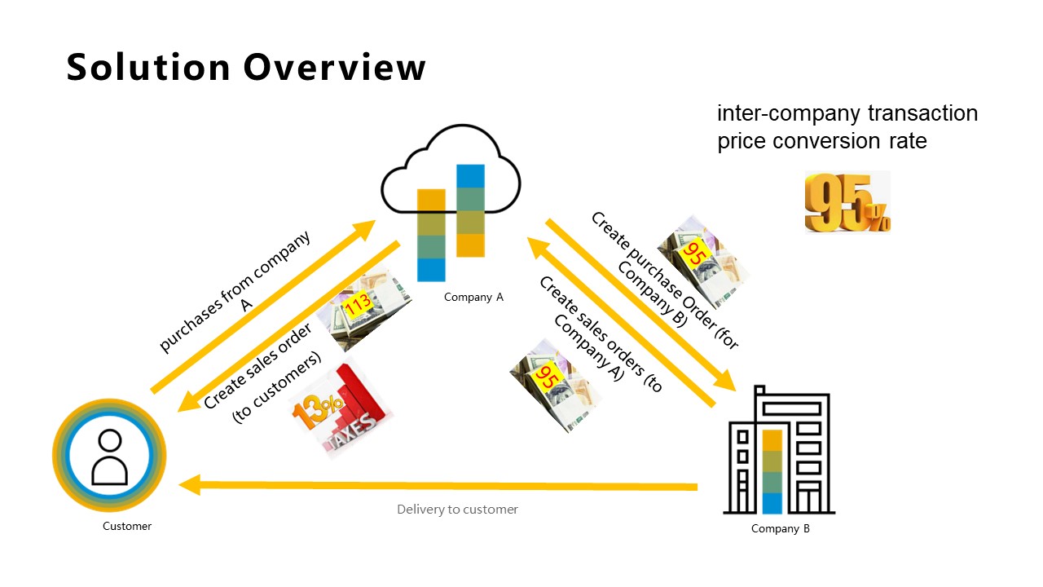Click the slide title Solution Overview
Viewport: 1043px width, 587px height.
tap(246, 67)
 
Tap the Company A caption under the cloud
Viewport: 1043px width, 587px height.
tap(473, 298)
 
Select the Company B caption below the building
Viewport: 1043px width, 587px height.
tap(780, 529)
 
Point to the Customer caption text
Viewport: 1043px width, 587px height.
tap(127, 527)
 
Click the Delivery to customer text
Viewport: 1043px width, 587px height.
tap(457, 510)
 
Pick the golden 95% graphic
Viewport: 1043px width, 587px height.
tap(847, 202)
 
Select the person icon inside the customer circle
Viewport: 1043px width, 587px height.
tap(109, 457)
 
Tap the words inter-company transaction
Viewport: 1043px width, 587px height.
tap(847, 113)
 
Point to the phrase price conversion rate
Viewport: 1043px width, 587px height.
tap(822, 141)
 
